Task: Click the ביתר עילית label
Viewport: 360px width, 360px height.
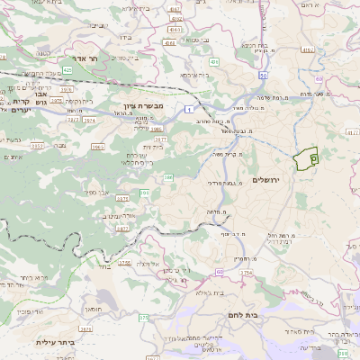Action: click(x=55, y=342)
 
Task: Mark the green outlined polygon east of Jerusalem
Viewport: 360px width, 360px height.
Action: click(x=307, y=158)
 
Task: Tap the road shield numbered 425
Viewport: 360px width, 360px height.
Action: click(x=68, y=68)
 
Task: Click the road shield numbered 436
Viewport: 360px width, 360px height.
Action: click(x=213, y=62)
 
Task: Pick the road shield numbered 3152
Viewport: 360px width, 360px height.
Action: click(x=38, y=145)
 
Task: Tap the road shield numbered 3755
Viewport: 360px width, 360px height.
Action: click(x=125, y=262)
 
